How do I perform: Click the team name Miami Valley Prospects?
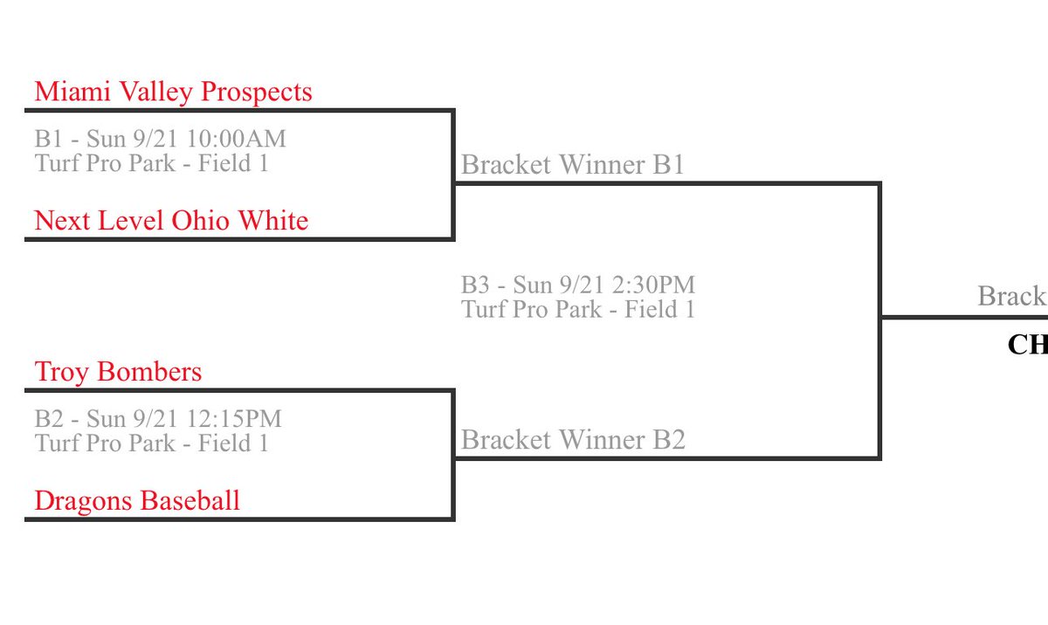pos(173,92)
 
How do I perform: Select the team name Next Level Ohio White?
pos(171,221)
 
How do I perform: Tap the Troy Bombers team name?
pos(118,372)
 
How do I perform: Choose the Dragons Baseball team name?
pos(137,501)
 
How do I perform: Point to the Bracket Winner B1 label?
pos(572,165)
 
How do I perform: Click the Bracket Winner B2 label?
pos(573,440)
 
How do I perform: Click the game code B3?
pos(476,285)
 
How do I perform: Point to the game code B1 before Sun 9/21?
pos(49,139)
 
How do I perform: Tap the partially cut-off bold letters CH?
pos(1027,345)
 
